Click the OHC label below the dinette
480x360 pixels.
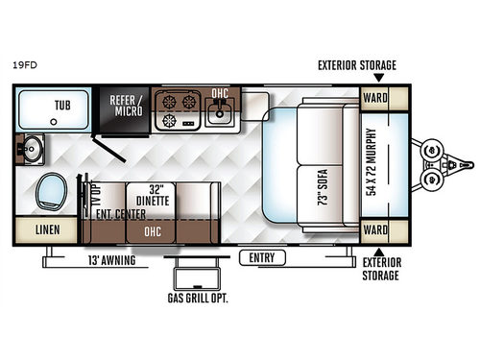[151, 230]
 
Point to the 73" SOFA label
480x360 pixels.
[322, 182]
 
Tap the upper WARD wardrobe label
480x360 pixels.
[374, 97]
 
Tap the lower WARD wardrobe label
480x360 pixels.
[374, 231]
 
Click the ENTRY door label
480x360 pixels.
[262, 257]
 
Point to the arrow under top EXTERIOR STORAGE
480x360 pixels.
[378, 78]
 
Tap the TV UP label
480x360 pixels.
[96, 198]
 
